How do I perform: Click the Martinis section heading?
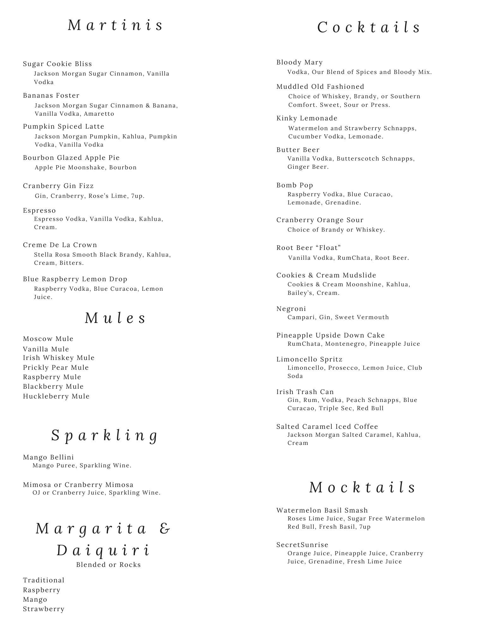pos(115,25)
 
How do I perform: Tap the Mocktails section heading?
pos(362,487)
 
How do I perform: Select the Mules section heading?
pos(115,318)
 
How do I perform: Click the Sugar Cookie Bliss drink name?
pos(57,64)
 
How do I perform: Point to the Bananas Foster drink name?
pos(51,95)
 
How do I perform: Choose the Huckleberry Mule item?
pos(56,396)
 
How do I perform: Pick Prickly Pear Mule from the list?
pos(56,368)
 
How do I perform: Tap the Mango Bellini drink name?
pos(48,457)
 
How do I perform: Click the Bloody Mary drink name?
pos(299,62)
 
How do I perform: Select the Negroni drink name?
pos(291,309)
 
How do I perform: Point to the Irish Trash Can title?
pos(305,392)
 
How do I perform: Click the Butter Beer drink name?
pos(298,150)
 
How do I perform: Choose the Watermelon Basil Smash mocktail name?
pos(322,510)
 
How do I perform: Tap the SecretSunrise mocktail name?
pos(302,545)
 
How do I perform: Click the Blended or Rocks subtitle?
pos(108,565)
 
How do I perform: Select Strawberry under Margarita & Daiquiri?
pos(44,609)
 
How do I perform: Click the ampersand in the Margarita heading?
pos(165,528)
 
